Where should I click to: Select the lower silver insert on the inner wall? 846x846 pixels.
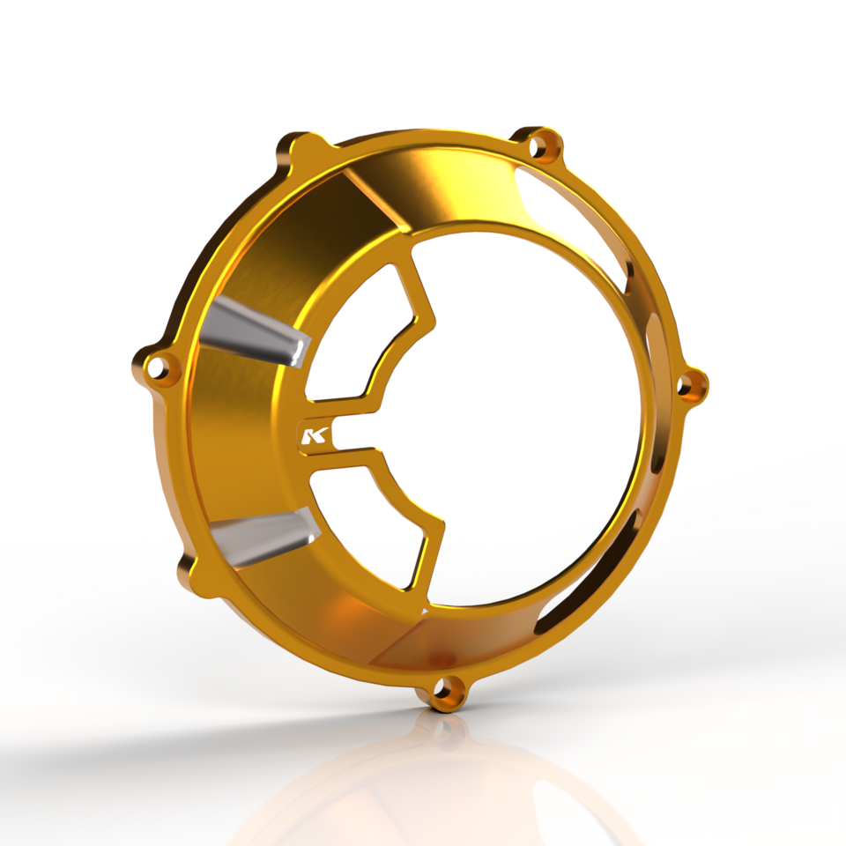coord(262,537)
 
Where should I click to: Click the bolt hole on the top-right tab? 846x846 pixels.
coord(545,145)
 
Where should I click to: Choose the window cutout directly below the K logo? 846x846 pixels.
coord(370,520)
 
